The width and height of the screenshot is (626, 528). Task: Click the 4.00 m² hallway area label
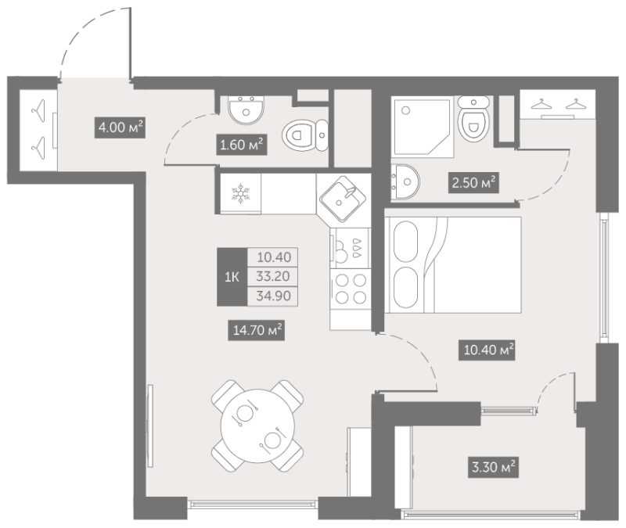tap(120, 128)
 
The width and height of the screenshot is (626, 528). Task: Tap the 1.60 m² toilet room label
tap(242, 145)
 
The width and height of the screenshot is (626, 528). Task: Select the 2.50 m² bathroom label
tap(473, 183)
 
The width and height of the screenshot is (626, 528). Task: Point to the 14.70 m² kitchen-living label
tap(257, 330)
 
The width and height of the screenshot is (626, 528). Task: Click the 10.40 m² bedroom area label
tap(487, 350)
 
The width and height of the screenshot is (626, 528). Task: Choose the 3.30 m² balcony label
tap(493, 467)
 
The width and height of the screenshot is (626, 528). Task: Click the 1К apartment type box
tap(232, 277)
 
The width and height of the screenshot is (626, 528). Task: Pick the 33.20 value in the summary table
tap(272, 276)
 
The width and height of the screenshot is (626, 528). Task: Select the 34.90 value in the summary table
tap(272, 296)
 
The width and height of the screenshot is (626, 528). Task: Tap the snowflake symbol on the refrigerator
tap(240, 193)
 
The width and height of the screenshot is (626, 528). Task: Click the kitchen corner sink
tap(343, 199)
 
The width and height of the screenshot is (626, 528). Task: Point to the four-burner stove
tap(351, 288)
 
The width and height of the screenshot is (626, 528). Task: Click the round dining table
tap(257, 426)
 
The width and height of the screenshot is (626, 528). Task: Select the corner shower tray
tap(423, 126)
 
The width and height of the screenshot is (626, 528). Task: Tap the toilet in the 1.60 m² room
tap(305, 135)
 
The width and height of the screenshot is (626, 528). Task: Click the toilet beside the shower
tap(473, 119)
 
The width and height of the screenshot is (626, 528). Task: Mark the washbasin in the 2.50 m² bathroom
tap(405, 181)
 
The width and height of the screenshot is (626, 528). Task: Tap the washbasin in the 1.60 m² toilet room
tap(246, 110)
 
